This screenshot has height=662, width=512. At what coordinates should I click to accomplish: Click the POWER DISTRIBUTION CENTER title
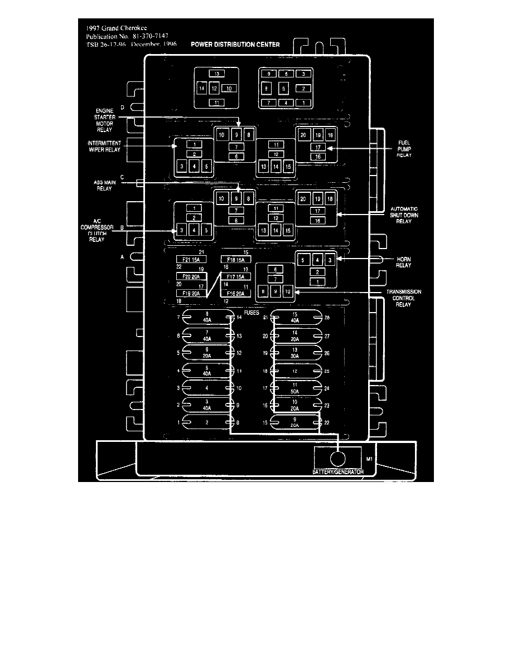(x=235, y=44)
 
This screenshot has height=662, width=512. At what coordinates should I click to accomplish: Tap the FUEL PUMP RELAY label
(x=404, y=149)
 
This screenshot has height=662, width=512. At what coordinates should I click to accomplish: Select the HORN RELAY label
(x=404, y=262)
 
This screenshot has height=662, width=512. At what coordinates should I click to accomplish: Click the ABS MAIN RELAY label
(x=104, y=185)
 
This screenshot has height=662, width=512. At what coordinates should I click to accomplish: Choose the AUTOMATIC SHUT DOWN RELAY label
(x=404, y=216)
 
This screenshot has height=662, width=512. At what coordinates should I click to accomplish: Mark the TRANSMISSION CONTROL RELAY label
(x=404, y=299)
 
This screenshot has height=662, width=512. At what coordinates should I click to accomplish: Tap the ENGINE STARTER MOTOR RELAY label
(x=104, y=120)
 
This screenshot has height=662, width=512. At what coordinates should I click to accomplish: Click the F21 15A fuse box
(x=191, y=260)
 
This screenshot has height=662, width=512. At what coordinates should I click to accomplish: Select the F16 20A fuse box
(x=236, y=293)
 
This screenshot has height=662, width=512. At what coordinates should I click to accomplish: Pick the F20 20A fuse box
(x=191, y=276)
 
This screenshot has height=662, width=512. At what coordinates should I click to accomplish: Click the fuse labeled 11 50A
(x=294, y=388)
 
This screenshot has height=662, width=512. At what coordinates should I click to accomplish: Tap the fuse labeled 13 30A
(x=294, y=353)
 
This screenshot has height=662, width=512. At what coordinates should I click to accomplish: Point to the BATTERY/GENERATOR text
(x=337, y=471)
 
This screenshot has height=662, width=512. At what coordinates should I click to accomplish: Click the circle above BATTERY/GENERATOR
(x=338, y=458)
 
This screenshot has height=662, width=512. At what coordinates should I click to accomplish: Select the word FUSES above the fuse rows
(x=252, y=313)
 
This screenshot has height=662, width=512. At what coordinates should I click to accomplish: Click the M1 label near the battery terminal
(x=369, y=460)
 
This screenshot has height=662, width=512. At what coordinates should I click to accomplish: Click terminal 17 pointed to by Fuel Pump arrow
(x=317, y=148)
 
